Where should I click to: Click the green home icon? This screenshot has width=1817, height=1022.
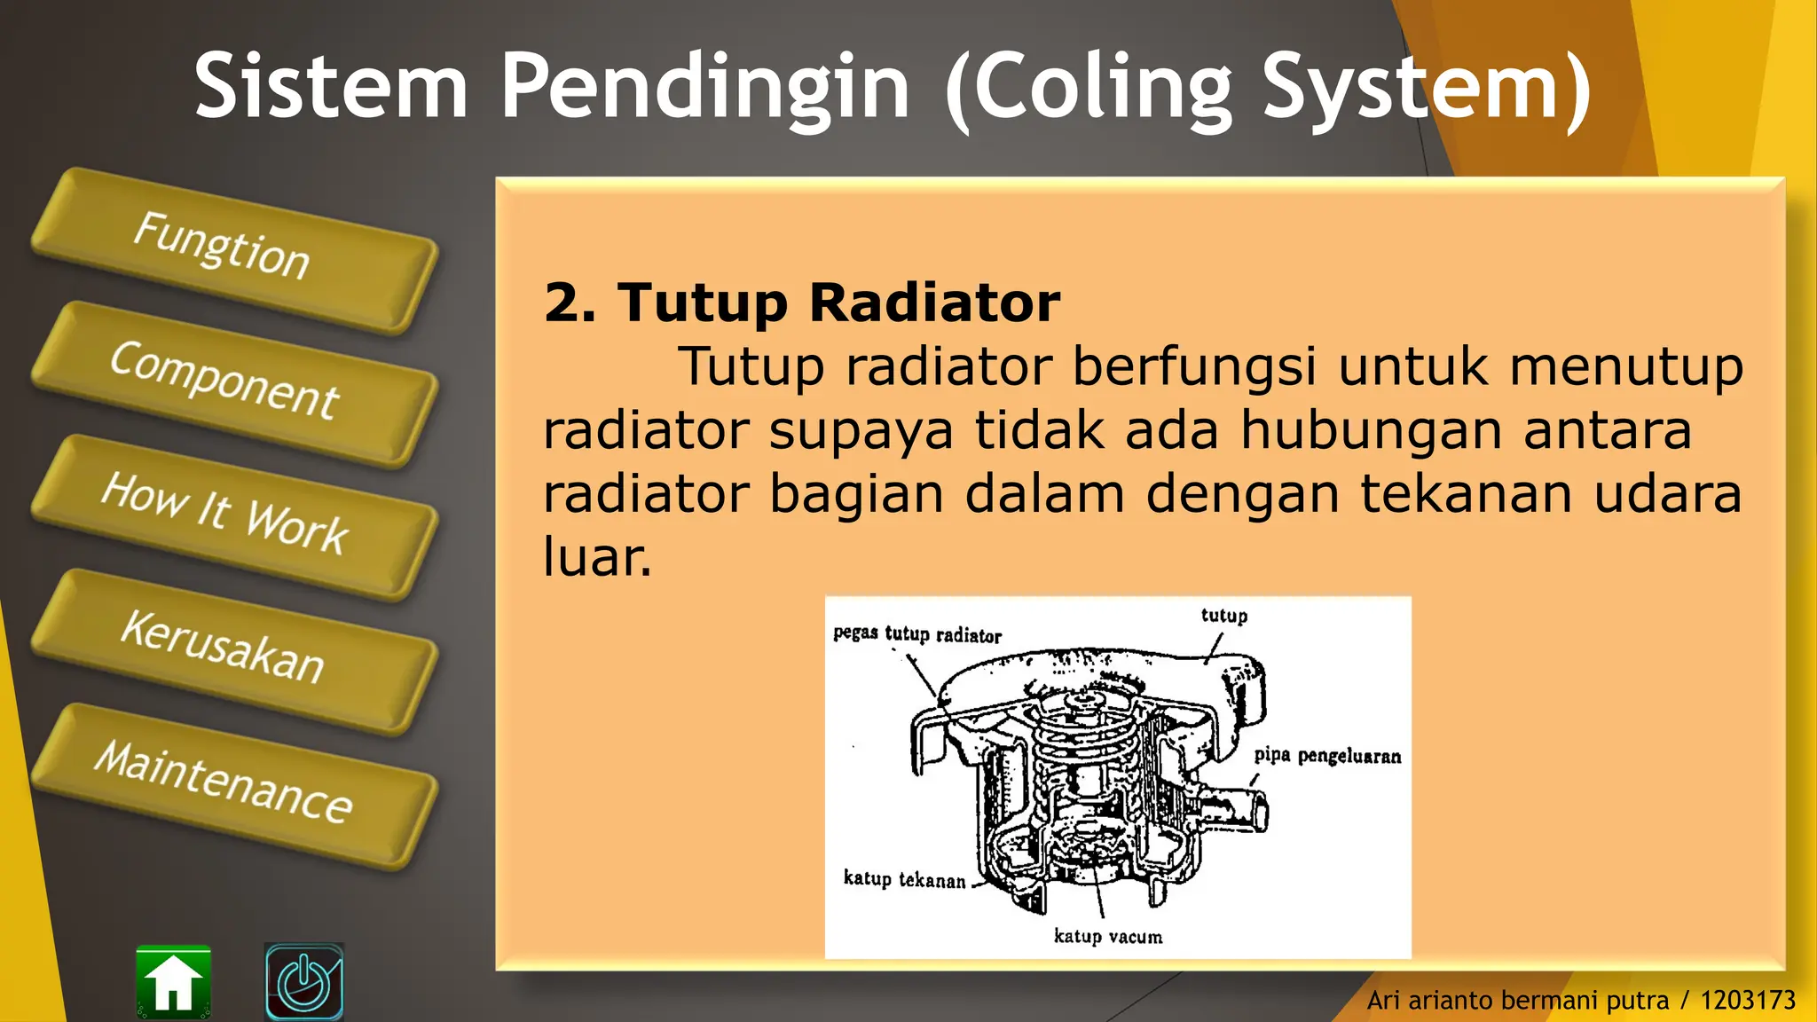174,981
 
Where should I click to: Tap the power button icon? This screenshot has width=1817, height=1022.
304,981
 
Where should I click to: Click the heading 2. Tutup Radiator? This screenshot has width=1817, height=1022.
801,303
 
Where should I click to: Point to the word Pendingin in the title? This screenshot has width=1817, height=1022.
705,86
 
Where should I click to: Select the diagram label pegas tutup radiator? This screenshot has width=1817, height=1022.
916,634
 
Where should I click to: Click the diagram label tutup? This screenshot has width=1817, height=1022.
1223,616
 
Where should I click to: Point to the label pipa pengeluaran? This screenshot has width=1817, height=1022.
1327,756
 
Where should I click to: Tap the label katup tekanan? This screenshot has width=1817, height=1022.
904,879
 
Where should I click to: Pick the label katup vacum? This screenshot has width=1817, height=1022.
1107,937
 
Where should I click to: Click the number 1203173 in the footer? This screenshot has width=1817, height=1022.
1747,1001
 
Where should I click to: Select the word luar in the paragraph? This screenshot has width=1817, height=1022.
596,558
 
